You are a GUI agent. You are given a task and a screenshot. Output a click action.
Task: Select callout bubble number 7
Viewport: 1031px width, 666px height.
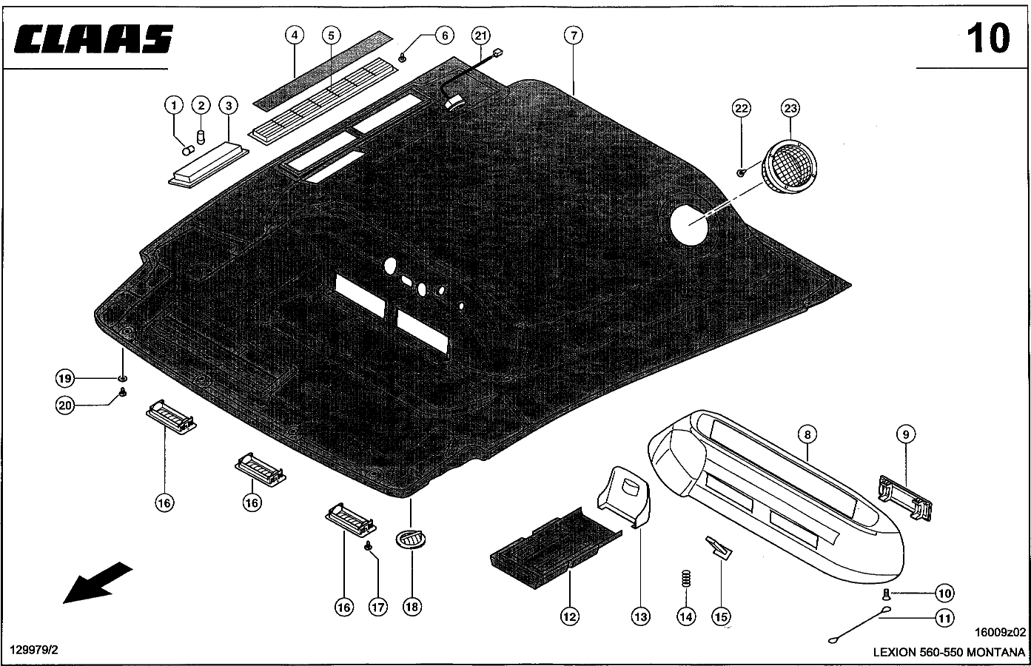(574, 35)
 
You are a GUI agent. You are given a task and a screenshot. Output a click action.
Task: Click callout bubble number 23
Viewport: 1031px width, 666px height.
(790, 108)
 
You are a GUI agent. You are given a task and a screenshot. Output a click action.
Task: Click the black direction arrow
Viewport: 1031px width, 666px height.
(97, 582)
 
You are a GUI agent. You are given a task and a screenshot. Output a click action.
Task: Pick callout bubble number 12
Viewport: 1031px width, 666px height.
(570, 615)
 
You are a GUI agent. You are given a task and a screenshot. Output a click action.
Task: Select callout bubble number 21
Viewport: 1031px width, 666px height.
(481, 35)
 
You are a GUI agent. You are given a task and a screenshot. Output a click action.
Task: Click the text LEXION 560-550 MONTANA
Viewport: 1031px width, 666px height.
(950, 653)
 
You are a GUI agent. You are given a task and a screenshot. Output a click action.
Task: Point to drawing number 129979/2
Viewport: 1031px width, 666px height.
(33, 650)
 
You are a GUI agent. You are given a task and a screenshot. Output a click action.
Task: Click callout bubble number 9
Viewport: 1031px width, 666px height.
(906, 434)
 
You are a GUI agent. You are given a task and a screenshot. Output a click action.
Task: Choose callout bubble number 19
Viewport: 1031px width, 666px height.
(66, 378)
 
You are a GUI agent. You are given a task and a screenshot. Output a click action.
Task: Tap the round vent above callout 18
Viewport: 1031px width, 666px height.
(411, 539)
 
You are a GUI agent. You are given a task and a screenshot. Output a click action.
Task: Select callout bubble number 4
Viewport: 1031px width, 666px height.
(294, 35)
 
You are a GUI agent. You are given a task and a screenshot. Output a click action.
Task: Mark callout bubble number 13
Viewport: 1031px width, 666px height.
(640, 615)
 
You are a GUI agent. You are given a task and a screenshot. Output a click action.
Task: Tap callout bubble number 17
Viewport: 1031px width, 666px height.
(378, 607)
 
